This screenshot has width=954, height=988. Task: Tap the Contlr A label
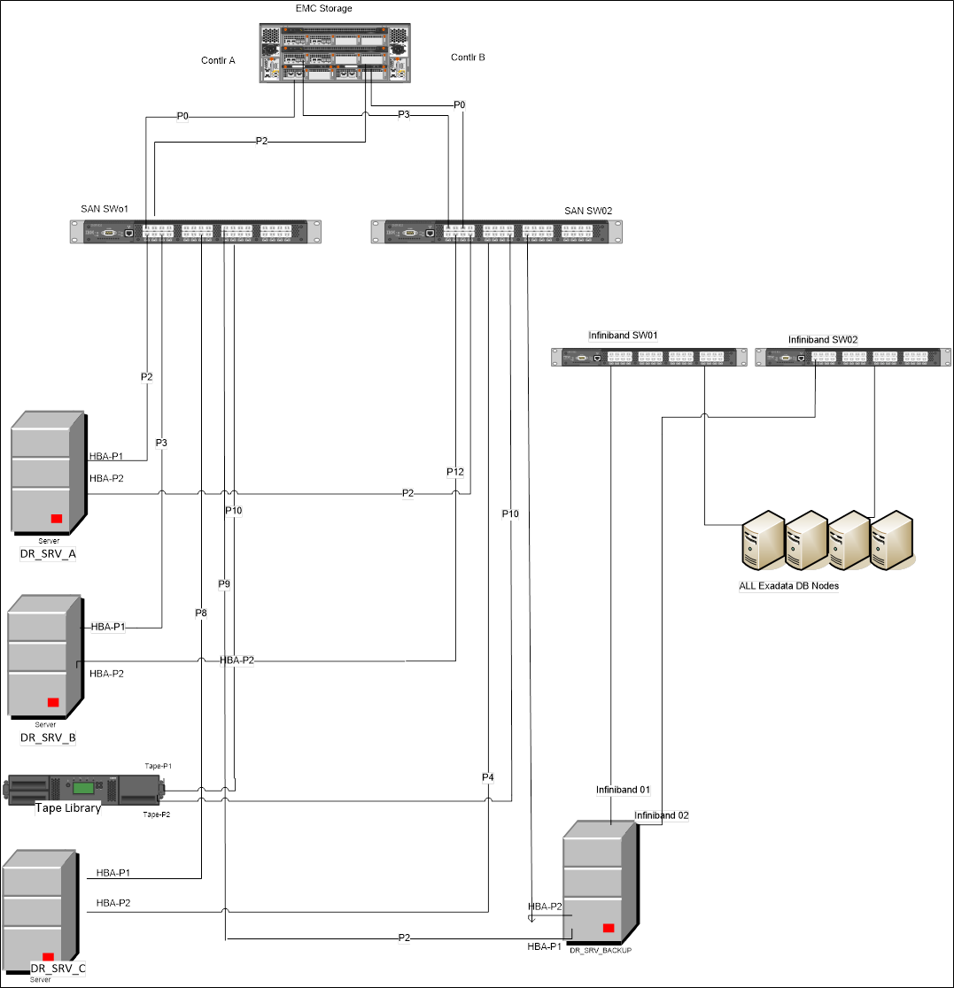(x=219, y=60)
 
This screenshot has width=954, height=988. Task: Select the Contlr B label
(x=468, y=58)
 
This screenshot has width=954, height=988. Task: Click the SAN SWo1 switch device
(x=197, y=232)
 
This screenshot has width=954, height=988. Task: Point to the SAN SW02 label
(x=588, y=211)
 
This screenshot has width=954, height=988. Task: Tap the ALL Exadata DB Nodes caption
(x=788, y=585)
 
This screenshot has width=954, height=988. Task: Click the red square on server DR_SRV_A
(x=57, y=519)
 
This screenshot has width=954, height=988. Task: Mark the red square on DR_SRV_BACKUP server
(x=609, y=927)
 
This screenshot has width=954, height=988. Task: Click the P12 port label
(x=455, y=472)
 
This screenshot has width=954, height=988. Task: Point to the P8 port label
(x=202, y=612)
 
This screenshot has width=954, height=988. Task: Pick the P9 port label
(x=224, y=583)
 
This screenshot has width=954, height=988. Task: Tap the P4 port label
(x=488, y=777)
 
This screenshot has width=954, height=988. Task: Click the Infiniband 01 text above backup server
(x=624, y=789)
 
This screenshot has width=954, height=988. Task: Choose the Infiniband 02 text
(x=661, y=814)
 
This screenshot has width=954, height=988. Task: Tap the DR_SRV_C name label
(x=58, y=969)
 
